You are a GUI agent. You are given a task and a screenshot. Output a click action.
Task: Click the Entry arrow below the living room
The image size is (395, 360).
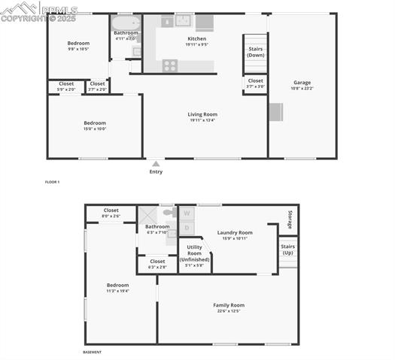click(156, 163)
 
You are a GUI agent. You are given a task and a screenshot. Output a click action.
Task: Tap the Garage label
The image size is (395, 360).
click(302, 83)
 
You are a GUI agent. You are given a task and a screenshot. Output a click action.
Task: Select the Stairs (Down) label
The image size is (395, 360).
click(255, 52)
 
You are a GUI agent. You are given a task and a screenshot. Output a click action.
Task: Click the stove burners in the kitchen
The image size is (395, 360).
click(170, 65)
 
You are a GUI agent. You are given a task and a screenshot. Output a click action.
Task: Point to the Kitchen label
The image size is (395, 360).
click(197, 38)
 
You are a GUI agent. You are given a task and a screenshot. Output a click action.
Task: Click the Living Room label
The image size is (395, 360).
click(202, 114)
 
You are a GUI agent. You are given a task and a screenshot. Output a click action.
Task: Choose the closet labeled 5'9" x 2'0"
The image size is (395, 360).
click(66, 86)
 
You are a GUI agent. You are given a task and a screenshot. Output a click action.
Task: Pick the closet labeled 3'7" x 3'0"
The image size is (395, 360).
click(255, 83)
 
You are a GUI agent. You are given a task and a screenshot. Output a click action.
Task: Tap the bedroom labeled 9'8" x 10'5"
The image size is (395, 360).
click(78, 44)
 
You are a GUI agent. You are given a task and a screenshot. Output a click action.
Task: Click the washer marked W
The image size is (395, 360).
click(187, 213)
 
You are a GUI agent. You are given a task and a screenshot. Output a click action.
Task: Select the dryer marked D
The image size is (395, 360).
click(187, 227)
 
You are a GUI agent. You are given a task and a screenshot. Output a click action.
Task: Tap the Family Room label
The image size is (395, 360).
click(229, 307)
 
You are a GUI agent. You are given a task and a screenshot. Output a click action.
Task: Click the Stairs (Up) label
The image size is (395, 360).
click(287, 249)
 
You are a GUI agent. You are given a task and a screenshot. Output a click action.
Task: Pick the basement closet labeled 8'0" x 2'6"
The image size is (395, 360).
click(111, 213)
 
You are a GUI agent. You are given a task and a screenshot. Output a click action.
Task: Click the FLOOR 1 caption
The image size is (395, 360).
click(52, 182)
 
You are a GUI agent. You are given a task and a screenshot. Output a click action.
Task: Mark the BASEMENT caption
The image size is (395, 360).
click(92, 352)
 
